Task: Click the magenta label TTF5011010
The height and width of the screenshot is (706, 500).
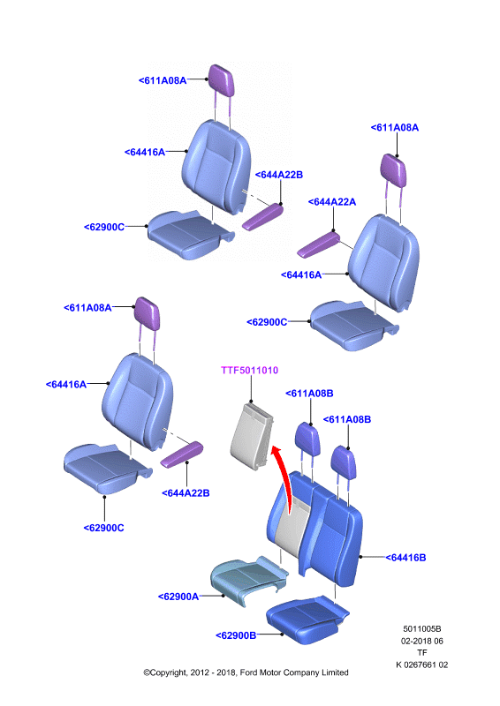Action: [x=249, y=370]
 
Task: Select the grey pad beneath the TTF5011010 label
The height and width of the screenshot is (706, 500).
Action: [x=252, y=436]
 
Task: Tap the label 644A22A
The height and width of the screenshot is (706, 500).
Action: [x=332, y=202]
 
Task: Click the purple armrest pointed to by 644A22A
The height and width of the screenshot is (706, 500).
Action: [x=318, y=244]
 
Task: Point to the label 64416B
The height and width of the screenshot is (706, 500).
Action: [x=405, y=558]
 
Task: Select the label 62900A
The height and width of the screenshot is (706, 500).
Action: [x=178, y=597]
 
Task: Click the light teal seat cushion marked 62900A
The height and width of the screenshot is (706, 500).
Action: [x=248, y=580]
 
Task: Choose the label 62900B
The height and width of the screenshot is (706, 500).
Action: [x=236, y=635]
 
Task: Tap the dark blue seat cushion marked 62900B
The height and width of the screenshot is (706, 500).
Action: [x=307, y=619]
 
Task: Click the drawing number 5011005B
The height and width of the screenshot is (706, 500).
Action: [x=422, y=628]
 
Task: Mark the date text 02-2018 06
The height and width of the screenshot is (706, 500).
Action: [x=422, y=641]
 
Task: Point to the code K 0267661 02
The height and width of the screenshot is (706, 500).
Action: [x=422, y=665]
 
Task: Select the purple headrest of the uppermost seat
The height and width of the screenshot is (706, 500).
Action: [x=222, y=80]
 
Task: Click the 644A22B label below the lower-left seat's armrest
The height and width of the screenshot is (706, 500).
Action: [x=186, y=493]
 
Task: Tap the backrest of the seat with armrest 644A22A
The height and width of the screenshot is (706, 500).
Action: [x=384, y=262]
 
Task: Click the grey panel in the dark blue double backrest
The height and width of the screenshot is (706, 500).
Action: [x=293, y=528]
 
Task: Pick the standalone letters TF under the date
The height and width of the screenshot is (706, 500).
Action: [x=422, y=652]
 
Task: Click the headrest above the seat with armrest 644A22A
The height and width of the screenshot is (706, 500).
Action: [x=394, y=170]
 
